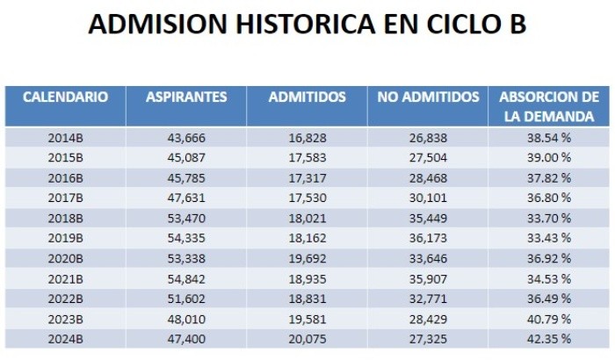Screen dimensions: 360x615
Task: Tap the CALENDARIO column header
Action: (65, 97)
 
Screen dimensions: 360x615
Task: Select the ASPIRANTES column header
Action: (186, 97)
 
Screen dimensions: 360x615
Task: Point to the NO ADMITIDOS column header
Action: (428, 97)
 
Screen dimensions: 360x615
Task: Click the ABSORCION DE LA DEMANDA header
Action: (548, 105)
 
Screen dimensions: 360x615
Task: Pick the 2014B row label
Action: (65, 137)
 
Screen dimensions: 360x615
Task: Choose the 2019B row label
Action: (65, 237)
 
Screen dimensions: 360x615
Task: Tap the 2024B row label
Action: (65, 338)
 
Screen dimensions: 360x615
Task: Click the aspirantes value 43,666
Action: (185, 137)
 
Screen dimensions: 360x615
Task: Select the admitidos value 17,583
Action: (307, 157)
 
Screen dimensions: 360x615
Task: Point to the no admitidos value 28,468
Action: (428, 177)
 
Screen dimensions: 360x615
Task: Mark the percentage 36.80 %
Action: (548, 198)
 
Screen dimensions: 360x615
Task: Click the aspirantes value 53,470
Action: (185, 218)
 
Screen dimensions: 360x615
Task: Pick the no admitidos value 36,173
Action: (428, 237)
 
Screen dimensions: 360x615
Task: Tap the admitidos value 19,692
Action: (307, 257)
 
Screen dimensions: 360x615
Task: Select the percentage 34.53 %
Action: (548, 277)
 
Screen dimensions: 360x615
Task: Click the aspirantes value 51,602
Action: (185, 298)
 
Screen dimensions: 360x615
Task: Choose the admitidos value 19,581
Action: (307, 318)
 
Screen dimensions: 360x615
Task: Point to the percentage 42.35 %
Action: (548, 338)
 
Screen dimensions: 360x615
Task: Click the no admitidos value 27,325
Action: (428, 338)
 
